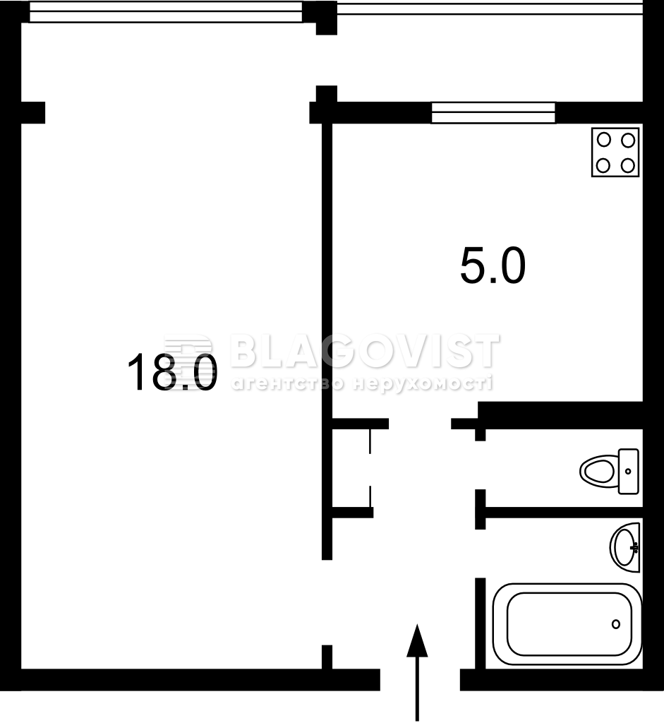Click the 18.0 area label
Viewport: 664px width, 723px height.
[x=172, y=374]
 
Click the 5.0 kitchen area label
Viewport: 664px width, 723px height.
[x=493, y=266]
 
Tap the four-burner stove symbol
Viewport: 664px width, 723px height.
[x=615, y=153]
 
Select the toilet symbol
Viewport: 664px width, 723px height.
[x=609, y=471]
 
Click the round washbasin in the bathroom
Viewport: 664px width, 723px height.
[x=624, y=547]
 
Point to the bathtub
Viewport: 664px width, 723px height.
[x=567, y=624]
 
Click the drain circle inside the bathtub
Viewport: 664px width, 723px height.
[x=616, y=624]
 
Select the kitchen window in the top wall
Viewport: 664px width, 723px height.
[x=493, y=113]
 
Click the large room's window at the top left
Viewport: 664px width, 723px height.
[x=166, y=11]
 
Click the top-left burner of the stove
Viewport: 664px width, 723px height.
[x=603, y=139]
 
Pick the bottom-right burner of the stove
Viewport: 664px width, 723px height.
[x=627, y=165]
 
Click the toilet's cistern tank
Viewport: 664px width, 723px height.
[x=629, y=471]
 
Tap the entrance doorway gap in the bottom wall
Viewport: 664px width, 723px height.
[x=420, y=680]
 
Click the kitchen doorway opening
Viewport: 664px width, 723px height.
[x=420, y=424]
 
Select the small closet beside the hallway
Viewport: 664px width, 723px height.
[x=351, y=468]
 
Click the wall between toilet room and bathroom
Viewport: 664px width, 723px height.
[x=559, y=513]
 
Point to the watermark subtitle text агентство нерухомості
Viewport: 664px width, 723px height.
[x=362, y=383]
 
